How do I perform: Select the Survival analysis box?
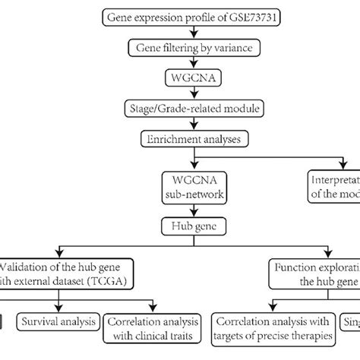click(59, 320)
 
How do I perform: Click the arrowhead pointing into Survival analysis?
click(59, 308)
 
